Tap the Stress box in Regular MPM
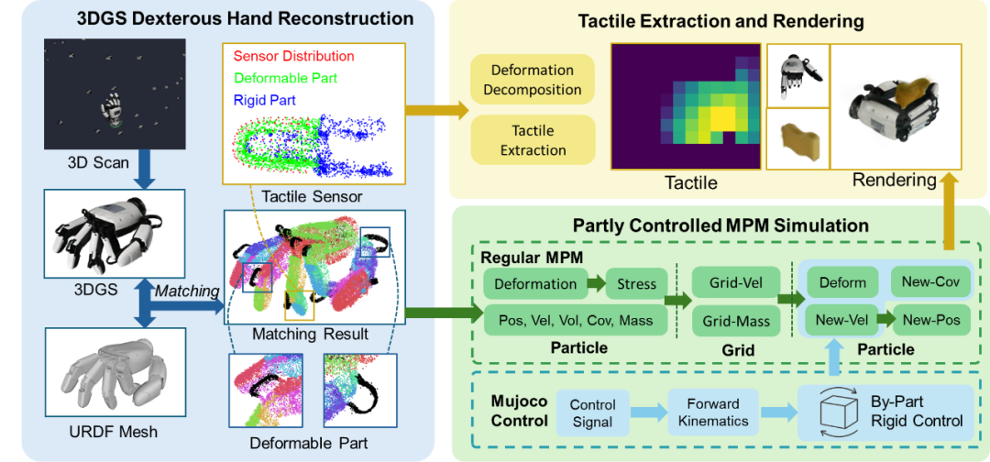click(x=636, y=283)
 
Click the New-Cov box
click(x=929, y=282)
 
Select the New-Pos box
click(x=929, y=320)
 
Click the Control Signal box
click(x=592, y=412)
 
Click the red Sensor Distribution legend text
click(x=294, y=57)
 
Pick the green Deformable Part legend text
click(x=285, y=78)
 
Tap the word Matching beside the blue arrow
click(x=186, y=291)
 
